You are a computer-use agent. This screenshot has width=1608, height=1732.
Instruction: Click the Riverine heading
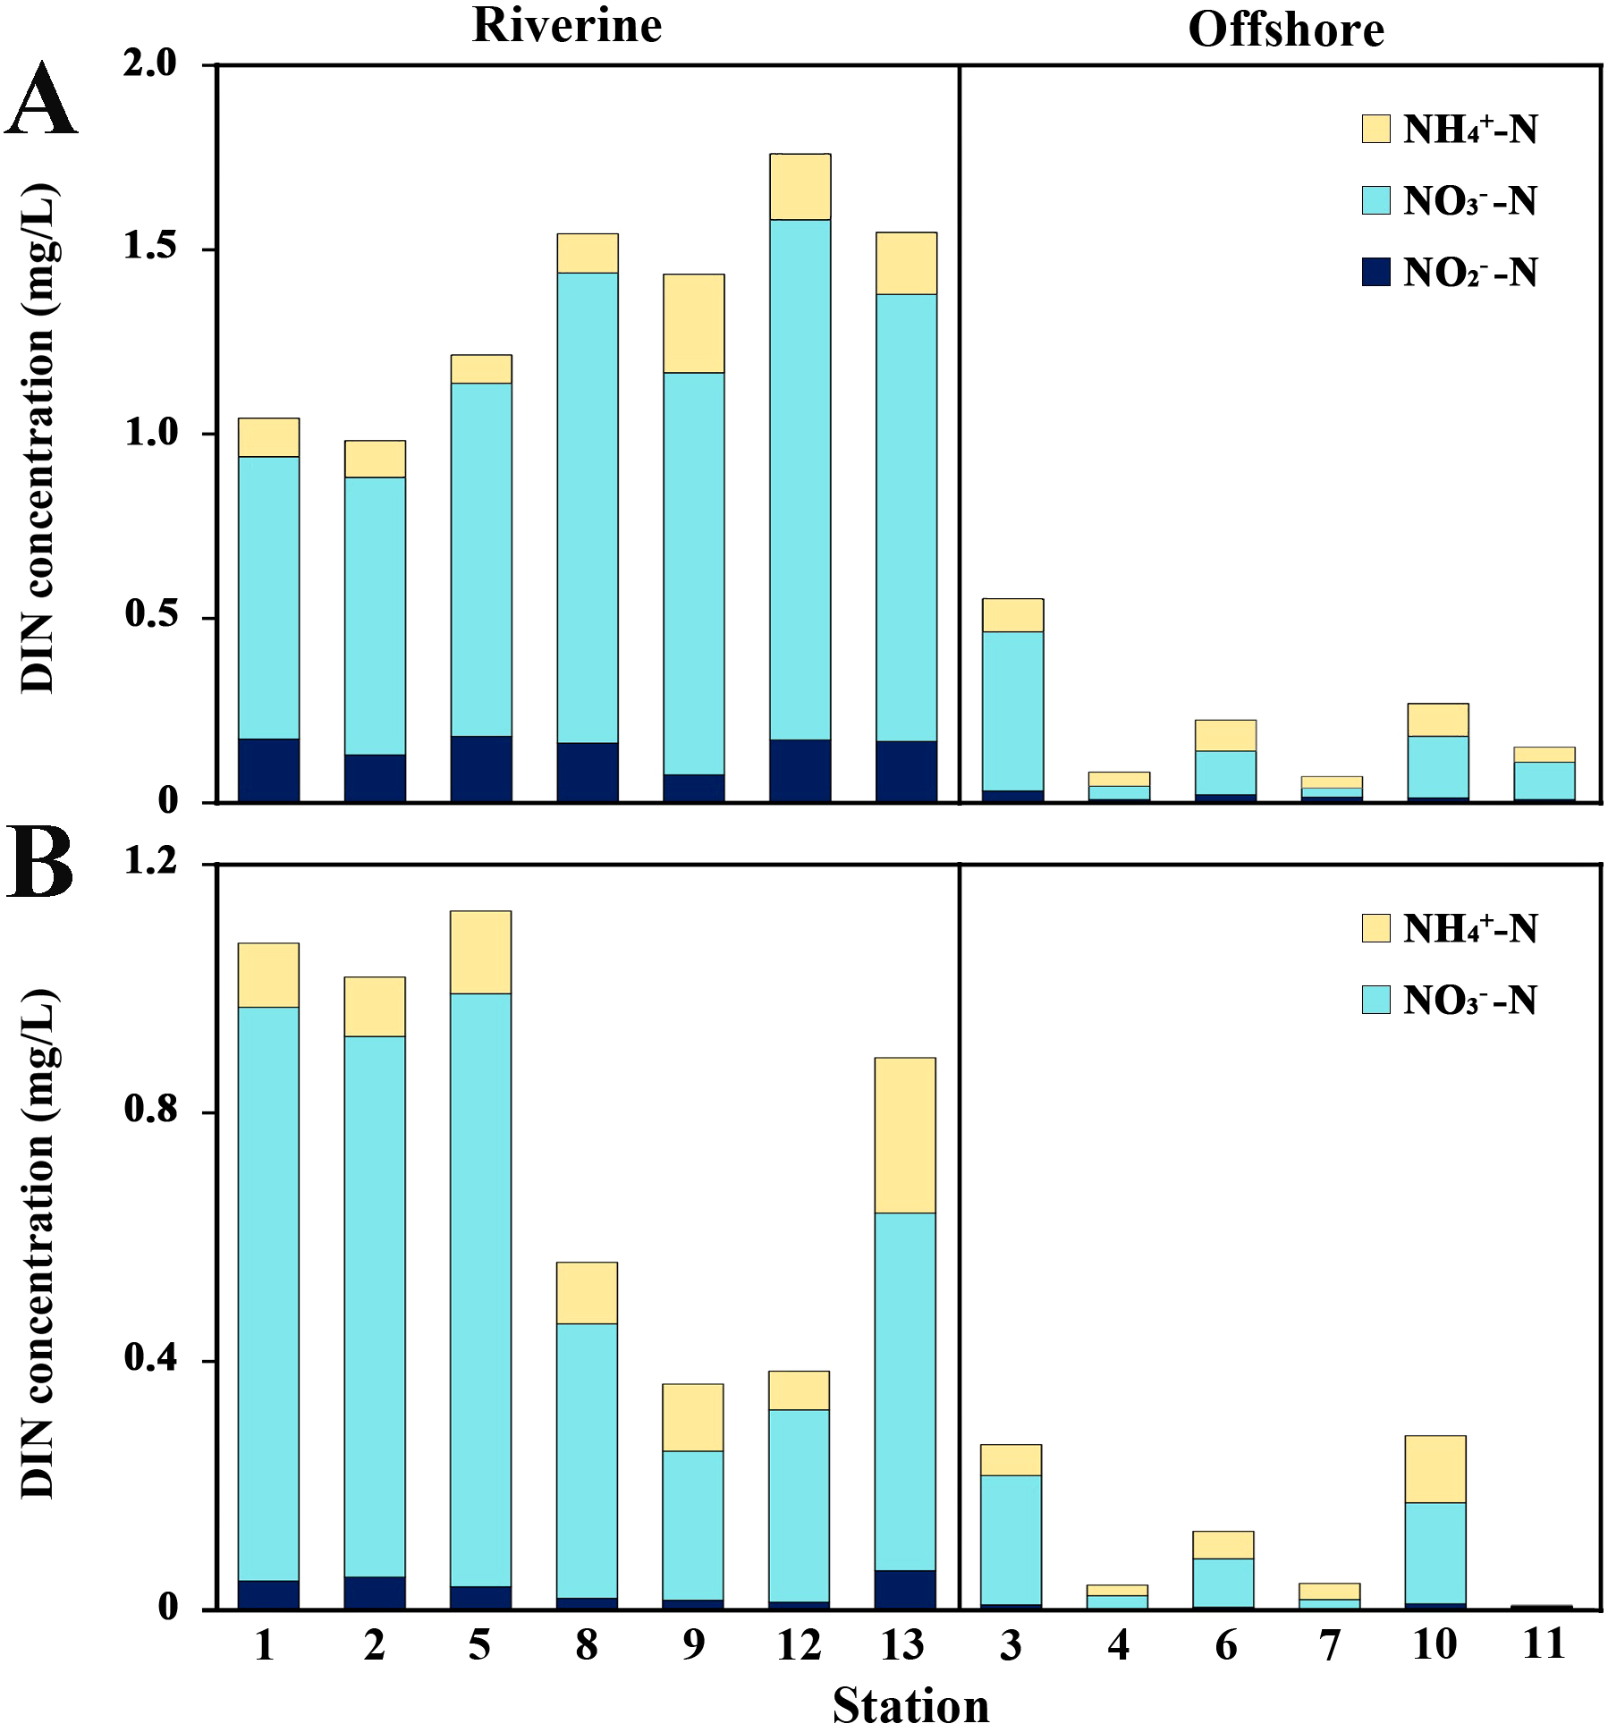(x=567, y=25)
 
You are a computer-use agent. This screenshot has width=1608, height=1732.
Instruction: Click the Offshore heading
(x=1285, y=30)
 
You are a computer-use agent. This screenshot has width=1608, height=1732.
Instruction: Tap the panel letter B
(x=40, y=864)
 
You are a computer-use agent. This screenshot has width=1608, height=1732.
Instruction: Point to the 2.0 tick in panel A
(x=150, y=64)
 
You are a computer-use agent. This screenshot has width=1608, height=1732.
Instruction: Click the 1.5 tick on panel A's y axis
(x=150, y=248)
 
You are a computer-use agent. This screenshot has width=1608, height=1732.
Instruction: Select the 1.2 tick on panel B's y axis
(x=150, y=861)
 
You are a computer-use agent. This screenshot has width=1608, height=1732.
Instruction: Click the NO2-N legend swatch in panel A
(x=1375, y=272)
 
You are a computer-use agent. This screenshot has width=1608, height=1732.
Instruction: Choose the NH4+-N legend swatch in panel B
(x=1375, y=928)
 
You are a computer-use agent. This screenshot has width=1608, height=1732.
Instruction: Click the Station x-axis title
(x=910, y=1706)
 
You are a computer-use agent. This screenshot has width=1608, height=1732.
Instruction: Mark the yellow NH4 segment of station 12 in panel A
(x=800, y=186)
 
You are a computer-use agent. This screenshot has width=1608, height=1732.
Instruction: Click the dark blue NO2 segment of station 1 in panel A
(x=268, y=770)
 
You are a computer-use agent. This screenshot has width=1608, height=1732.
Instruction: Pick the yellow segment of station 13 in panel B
(x=905, y=1135)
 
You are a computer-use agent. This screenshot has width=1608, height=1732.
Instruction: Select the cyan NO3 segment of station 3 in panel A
(x=1012, y=711)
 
